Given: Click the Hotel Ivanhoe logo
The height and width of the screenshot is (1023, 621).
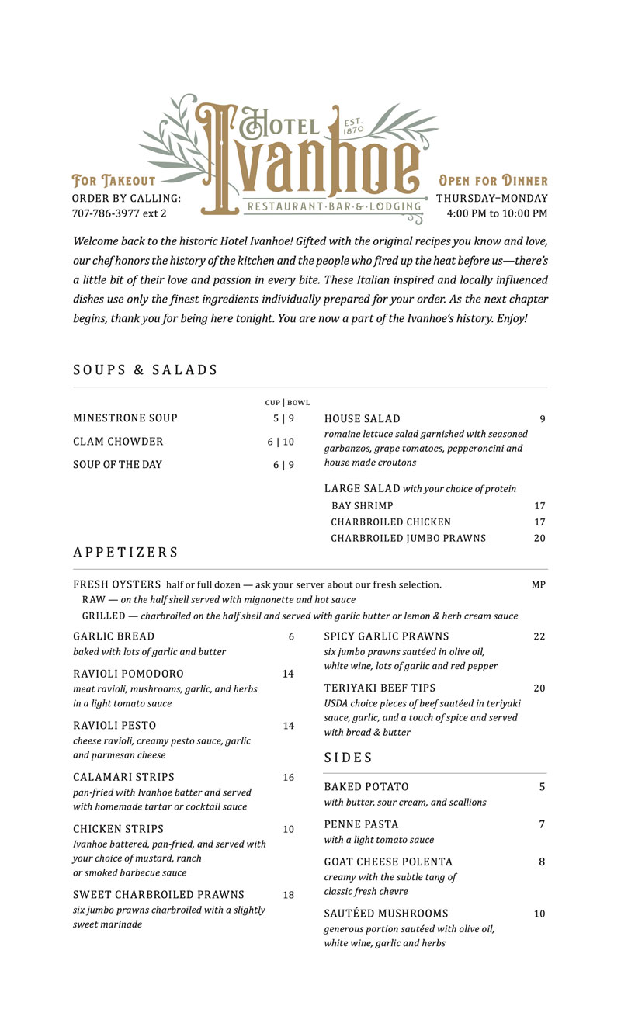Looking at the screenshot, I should click(x=310, y=159).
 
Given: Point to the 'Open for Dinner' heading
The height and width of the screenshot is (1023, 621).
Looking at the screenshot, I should click(x=493, y=181).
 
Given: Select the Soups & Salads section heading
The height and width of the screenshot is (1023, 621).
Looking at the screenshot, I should click(x=145, y=370).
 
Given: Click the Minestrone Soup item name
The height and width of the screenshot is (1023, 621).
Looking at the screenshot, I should click(x=125, y=418).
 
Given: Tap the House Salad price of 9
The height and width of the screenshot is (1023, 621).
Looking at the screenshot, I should click(x=543, y=419).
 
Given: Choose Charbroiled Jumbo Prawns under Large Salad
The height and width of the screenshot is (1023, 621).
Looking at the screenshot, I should click(x=408, y=538).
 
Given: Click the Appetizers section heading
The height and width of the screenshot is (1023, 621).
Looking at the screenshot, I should click(x=126, y=553).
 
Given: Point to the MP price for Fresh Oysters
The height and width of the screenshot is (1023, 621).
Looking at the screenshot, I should click(x=539, y=584).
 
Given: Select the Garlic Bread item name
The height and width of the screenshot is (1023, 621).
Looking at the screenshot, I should click(x=113, y=636).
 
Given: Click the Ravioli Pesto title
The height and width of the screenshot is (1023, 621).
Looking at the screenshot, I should click(x=115, y=726).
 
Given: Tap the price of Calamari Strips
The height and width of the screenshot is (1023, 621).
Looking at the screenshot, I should click(x=288, y=778).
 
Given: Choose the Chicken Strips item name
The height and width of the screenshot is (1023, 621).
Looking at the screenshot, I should click(x=118, y=829).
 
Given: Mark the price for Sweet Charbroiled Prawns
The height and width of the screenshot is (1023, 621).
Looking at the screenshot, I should click(x=288, y=895).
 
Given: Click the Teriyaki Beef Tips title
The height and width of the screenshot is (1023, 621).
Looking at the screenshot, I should click(x=380, y=688).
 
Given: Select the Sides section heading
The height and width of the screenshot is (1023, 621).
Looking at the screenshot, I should click(x=349, y=758).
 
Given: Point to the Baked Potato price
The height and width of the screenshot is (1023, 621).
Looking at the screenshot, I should click(x=542, y=787).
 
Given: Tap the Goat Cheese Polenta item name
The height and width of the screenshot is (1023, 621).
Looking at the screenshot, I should click(x=388, y=862).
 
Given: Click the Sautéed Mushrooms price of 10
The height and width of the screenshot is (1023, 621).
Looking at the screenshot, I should click(x=539, y=914).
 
